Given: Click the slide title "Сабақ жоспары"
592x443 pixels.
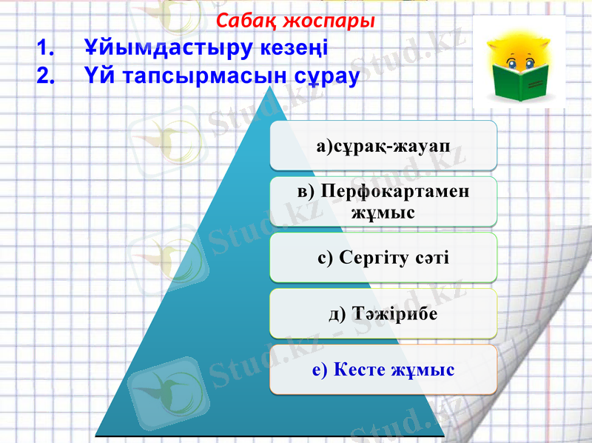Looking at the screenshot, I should click(296, 20).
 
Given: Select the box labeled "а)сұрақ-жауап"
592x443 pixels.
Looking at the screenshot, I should click(383, 145).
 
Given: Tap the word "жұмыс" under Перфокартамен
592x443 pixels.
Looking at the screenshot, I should click(383, 213).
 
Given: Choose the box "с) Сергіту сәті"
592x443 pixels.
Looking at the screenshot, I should click(383, 257).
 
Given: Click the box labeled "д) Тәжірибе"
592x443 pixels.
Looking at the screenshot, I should click(383, 313).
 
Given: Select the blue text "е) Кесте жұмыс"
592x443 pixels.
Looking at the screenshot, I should click(383, 369).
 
